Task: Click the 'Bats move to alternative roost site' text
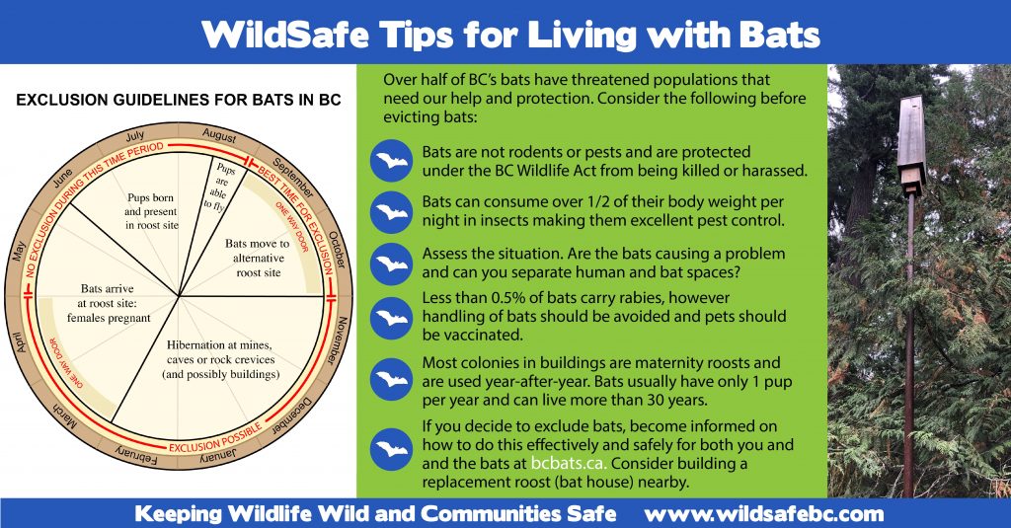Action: coord(257,258)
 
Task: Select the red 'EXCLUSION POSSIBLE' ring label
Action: coord(209,446)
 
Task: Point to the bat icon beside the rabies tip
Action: coord(391,318)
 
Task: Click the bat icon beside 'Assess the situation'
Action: coord(391,264)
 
